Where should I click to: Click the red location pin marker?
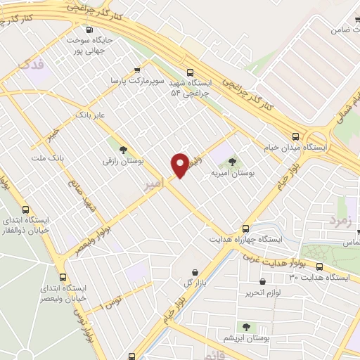[x=180, y=165]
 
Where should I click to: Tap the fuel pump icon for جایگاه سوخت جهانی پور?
[x=89, y=30]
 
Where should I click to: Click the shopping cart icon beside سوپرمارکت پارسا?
[x=136, y=70]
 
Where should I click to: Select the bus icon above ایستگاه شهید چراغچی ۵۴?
[x=190, y=72]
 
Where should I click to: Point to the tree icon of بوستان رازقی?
[x=124, y=149]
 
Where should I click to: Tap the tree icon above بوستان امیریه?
[x=233, y=161]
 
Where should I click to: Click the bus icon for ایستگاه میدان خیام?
[x=296, y=136]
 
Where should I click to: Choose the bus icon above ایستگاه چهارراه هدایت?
[x=245, y=228]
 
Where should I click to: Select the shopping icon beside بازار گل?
[x=195, y=272]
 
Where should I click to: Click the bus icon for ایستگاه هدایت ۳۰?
[x=320, y=266]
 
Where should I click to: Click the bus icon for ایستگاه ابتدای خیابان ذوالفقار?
[x=26, y=210]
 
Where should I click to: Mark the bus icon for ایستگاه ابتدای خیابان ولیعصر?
[x=63, y=277]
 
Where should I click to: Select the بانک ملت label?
[x=48, y=157]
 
